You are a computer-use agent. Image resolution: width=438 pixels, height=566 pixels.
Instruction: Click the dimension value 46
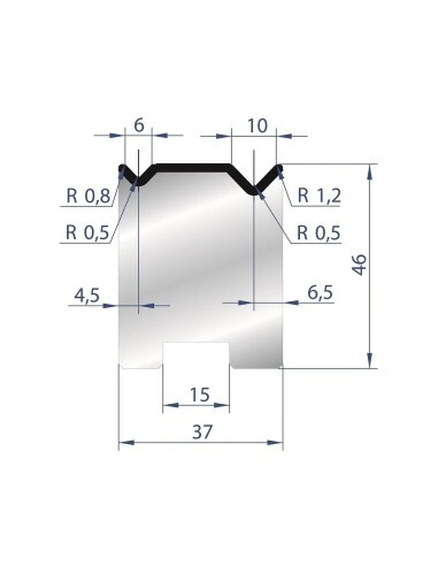360,265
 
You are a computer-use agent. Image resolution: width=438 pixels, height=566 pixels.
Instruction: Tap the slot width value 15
199,395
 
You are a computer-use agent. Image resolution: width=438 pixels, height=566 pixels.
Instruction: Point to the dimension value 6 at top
139,125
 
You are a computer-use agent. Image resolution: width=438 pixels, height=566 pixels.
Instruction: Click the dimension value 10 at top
257,125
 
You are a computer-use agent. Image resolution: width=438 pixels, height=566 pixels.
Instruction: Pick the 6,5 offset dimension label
318,294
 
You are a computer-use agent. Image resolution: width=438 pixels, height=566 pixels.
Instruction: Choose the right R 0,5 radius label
319,232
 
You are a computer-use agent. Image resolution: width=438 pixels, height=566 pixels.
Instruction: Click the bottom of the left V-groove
138,182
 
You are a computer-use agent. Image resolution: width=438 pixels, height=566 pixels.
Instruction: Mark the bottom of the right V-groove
254,191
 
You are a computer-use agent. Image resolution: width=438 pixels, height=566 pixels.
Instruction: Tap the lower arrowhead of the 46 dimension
371,361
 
